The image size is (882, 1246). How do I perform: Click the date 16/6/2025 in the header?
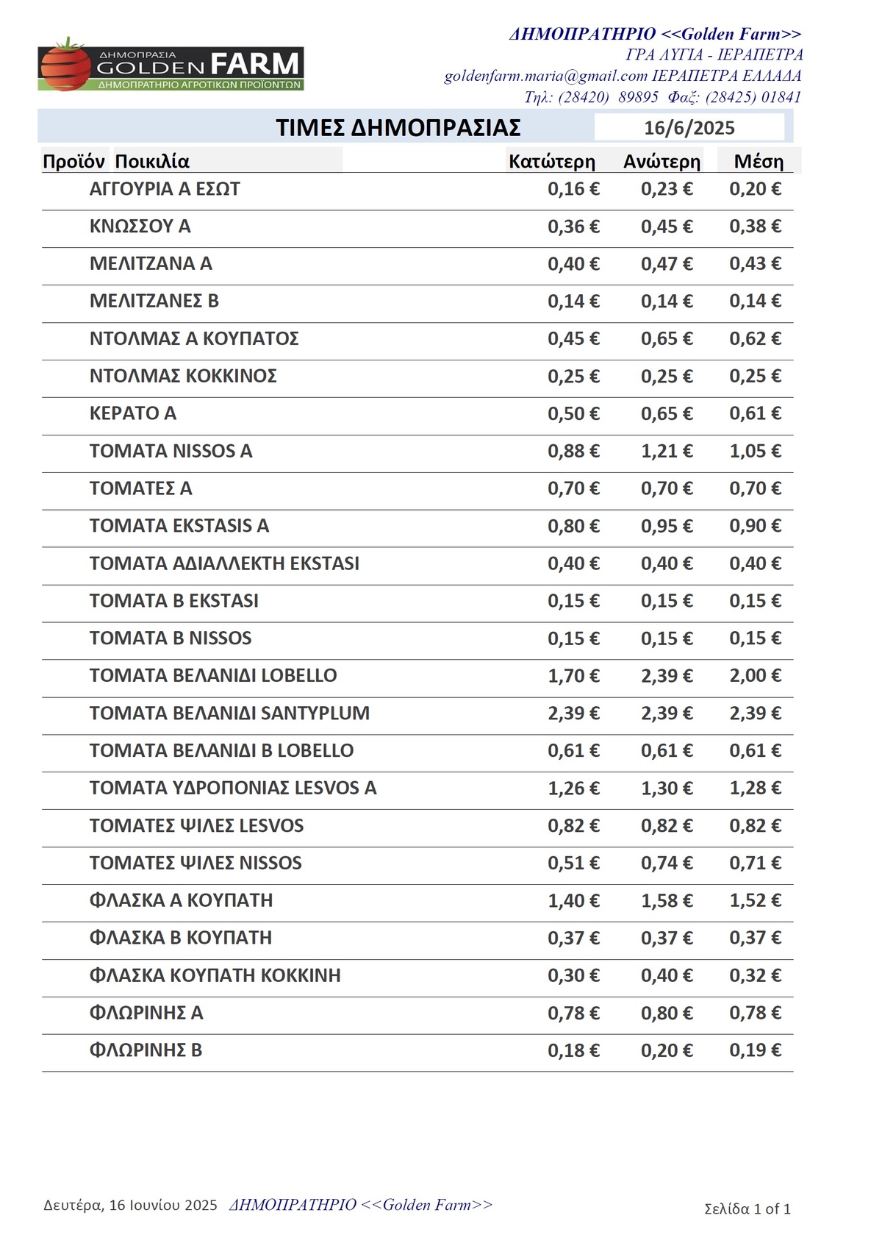pos(689,128)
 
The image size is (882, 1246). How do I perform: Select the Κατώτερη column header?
pos(551,162)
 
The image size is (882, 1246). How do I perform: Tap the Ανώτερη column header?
pos(661,162)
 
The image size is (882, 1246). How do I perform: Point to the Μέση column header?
pos(759,162)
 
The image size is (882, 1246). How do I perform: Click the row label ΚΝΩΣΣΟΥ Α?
pos(140,227)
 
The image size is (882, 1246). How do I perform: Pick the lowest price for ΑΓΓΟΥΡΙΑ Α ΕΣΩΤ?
pos(573,189)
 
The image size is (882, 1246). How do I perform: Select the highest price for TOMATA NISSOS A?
pos(667,451)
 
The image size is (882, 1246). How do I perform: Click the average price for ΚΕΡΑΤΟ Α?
pos(755,413)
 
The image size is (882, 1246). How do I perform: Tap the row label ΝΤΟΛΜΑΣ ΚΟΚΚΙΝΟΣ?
pos(183,376)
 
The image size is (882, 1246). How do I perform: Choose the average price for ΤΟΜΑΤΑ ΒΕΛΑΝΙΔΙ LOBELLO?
pos(755,675)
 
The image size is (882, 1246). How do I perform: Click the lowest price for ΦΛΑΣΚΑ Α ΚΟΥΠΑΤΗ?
pos(573,900)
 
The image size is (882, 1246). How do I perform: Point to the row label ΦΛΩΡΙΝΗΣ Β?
pos(146,1050)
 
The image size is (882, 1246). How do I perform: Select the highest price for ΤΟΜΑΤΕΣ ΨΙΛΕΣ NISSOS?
pos(667,863)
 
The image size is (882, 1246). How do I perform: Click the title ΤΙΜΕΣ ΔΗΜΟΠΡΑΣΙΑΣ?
pos(398,128)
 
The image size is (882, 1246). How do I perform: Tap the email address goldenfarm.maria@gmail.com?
pos(545,76)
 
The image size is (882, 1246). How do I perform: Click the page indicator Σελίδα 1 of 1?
pos(747,1208)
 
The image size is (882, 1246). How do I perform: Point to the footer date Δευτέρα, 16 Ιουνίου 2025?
pos(130,1205)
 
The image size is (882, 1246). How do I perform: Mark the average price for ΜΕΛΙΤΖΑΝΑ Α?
pos(755,263)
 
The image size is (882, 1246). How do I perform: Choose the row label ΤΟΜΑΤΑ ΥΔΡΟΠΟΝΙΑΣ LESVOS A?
pos(232,788)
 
